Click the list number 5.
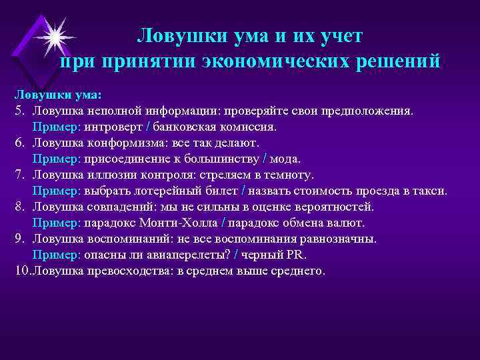coord(21,110)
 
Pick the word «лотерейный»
coord(162,190)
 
